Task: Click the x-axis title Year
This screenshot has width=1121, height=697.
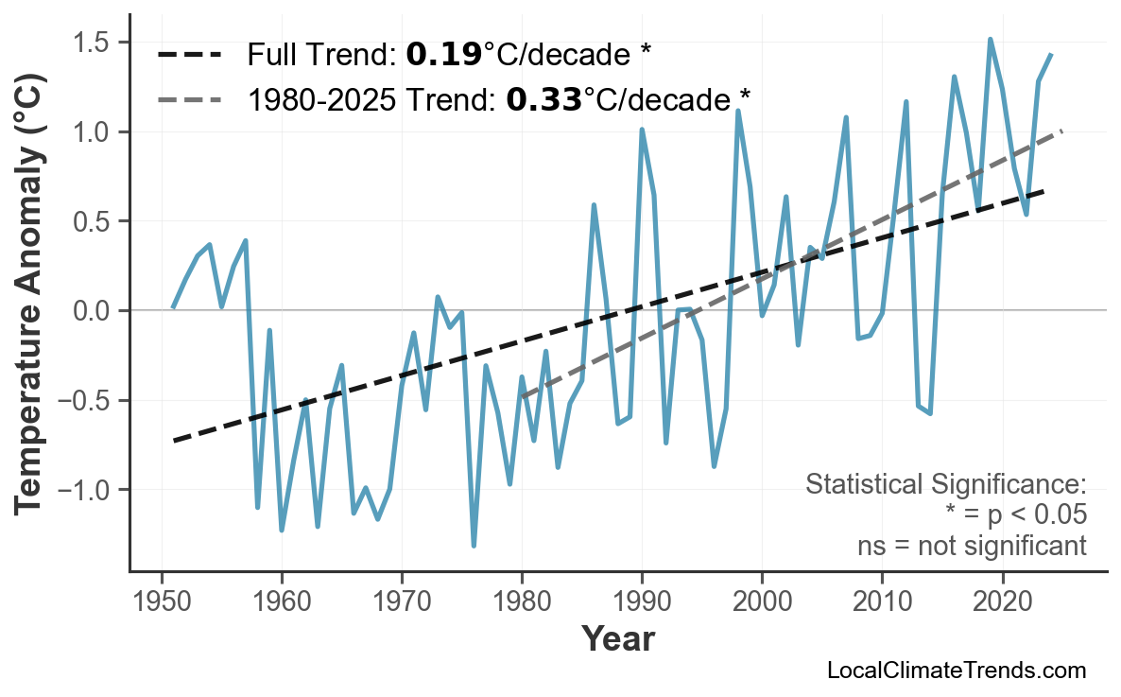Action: click(x=617, y=639)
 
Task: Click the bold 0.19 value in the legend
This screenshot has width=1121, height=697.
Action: click(x=443, y=55)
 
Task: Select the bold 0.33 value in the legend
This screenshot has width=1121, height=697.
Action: click(x=543, y=97)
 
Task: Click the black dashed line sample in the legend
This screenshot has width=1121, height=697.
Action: click(x=190, y=55)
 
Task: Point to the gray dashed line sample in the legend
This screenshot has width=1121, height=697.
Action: click(x=190, y=97)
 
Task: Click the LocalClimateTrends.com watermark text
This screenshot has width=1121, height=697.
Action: click(x=956, y=671)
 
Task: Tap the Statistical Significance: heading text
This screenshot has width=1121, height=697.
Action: click(x=945, y=485)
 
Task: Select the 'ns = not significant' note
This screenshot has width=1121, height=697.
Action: click(x=972, y=546)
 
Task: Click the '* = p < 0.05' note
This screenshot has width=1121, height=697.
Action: click(x=1015, y=515)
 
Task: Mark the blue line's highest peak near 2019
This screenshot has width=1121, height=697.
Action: click(x=990, y=40)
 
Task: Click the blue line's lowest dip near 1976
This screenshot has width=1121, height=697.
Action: click(x=474, y=546)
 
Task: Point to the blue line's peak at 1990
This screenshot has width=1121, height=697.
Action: click(x=642, y=130)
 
